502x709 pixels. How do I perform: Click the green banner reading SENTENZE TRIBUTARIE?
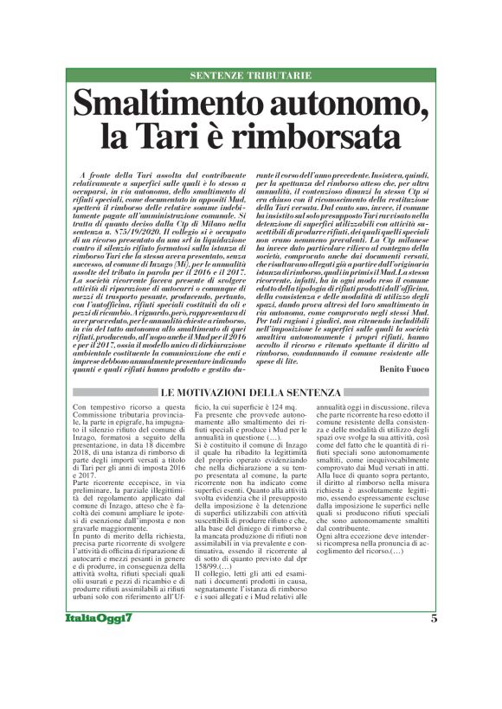point(250,75)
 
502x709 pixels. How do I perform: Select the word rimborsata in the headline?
point(319,138)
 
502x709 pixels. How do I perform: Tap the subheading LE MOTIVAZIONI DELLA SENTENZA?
point(250,394)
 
